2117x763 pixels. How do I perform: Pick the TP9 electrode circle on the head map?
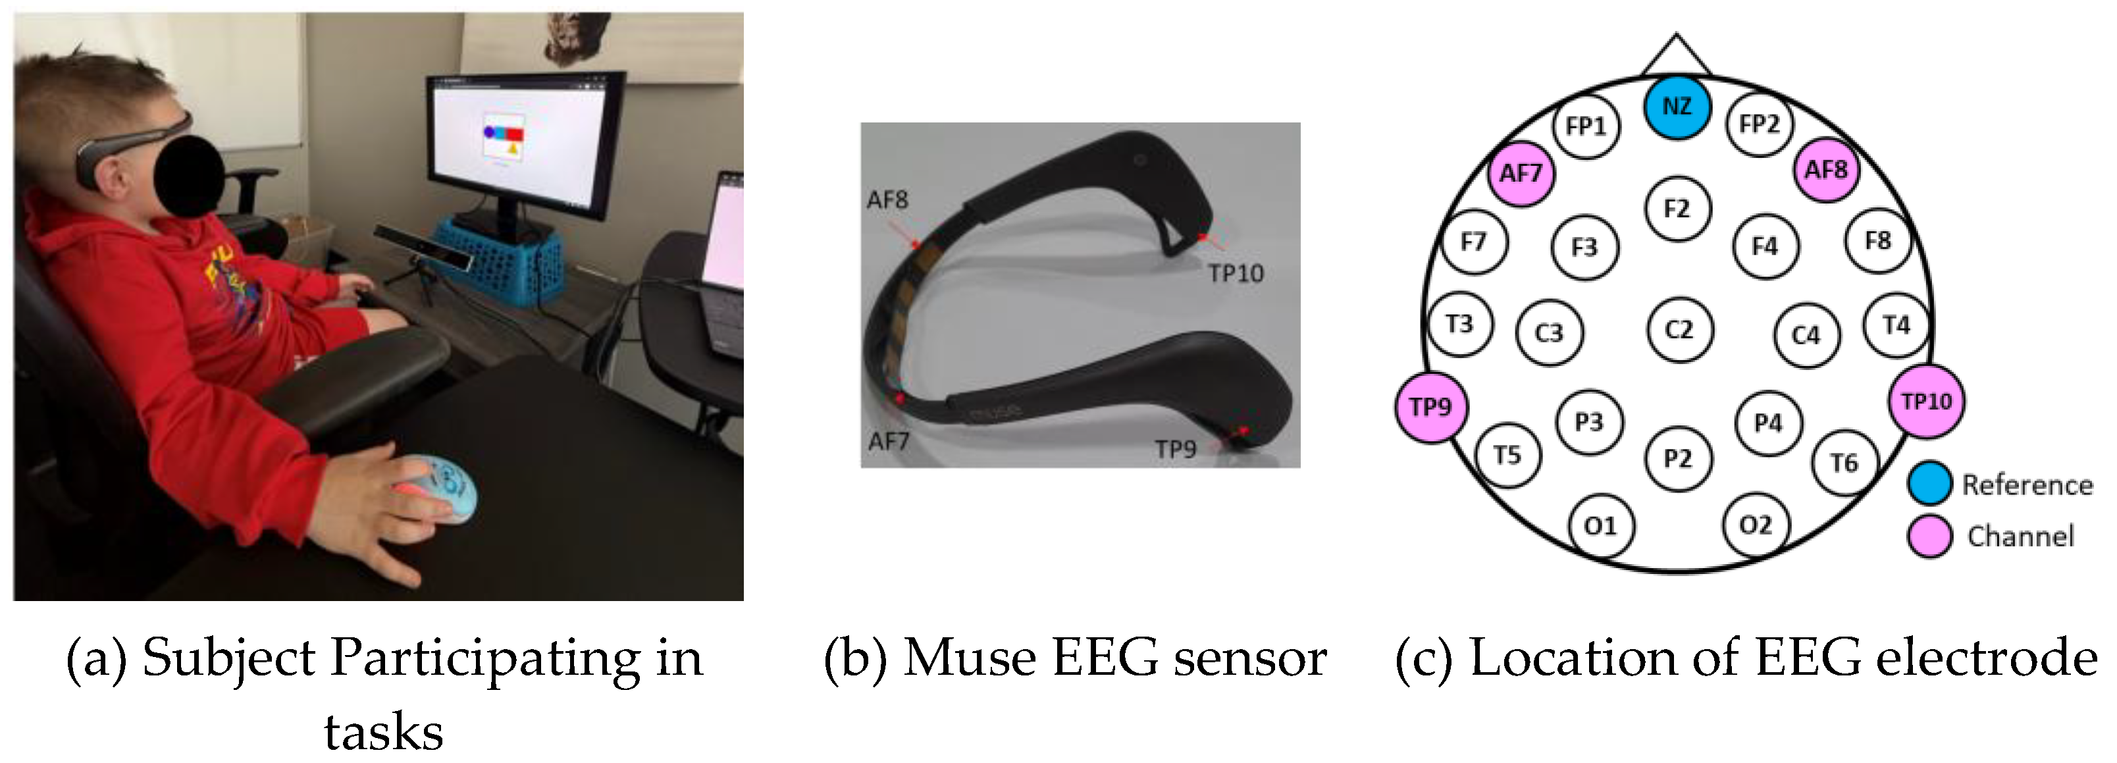tap(1431, 407)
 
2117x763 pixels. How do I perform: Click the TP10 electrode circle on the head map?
tap(1926, 401)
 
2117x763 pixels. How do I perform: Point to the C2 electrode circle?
tap(1680, 330)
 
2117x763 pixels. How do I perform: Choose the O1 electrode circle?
tap(1600, 526)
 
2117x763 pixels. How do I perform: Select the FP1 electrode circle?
tap(1585, 126)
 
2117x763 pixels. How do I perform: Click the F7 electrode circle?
tap(1473, 242)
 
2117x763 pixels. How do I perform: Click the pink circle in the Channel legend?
tap(1929, 536)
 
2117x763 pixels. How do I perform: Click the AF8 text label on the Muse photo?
tap(887, 199)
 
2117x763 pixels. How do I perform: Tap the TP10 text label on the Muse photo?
tap(1235, 274)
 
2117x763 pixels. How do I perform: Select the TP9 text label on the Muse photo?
tap(1175, 450)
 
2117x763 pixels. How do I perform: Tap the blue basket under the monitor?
tap(502, 259)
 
